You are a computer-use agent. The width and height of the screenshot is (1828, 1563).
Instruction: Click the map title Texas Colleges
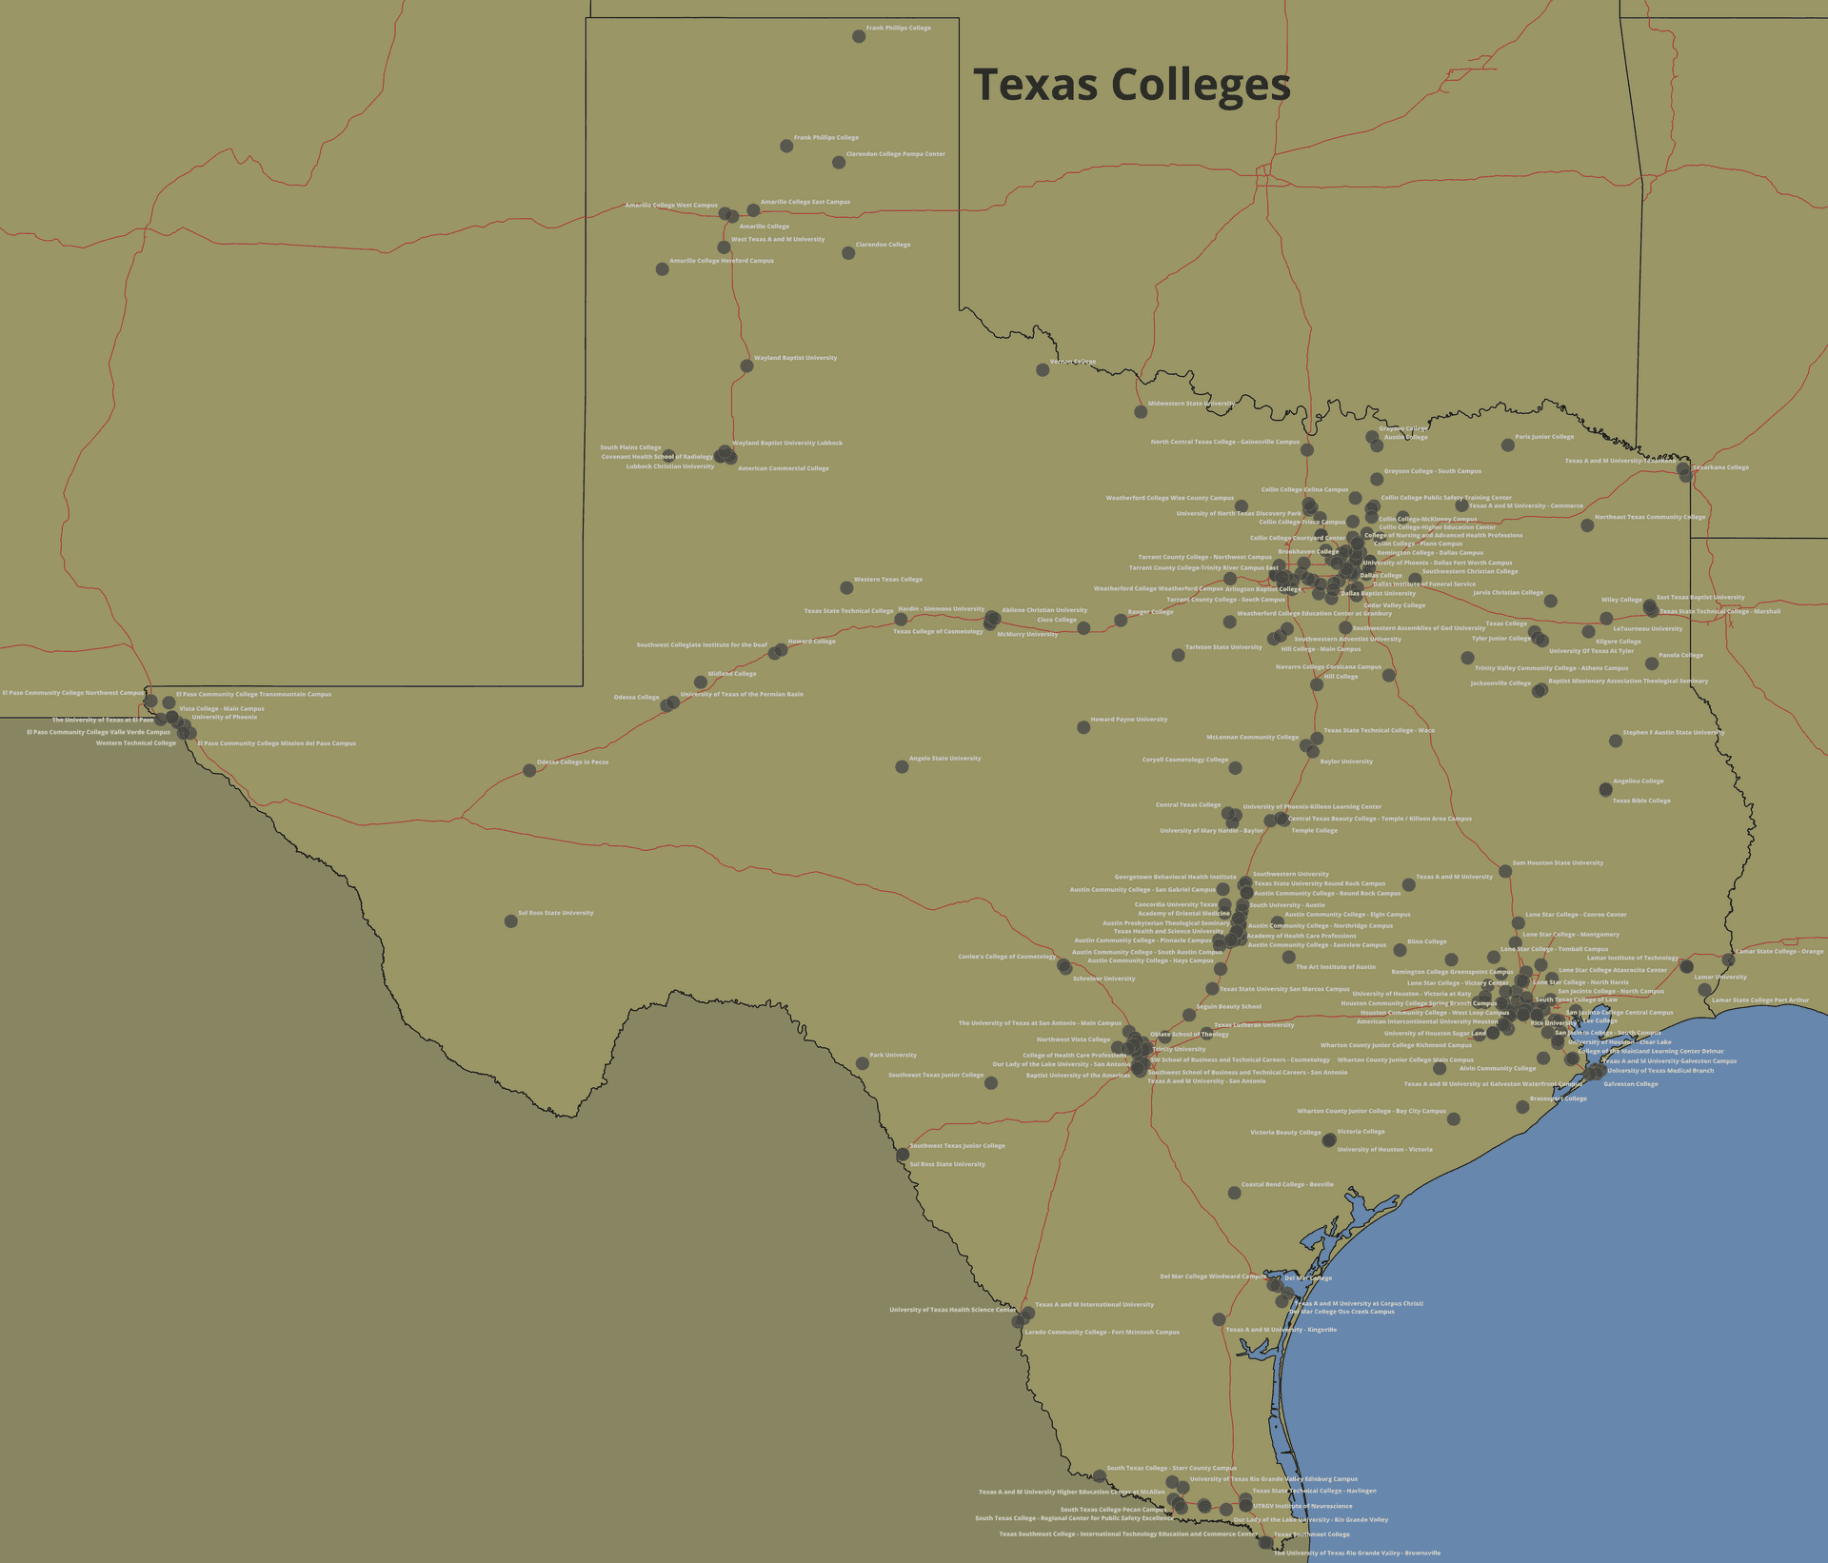1131,84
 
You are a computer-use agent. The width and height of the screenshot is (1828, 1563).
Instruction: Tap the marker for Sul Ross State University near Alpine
511,920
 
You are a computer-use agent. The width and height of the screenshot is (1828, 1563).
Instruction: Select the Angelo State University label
944,759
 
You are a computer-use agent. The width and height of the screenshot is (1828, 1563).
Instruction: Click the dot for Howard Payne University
1083,727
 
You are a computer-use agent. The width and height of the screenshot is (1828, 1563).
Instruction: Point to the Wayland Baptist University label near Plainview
795,358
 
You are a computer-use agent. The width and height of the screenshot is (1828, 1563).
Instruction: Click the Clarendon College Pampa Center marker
839,163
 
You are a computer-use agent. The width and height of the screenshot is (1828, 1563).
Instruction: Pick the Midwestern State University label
1191,404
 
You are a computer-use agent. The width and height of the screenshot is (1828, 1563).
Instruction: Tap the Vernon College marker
1043,369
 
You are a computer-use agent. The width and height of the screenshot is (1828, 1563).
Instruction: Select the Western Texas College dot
846,587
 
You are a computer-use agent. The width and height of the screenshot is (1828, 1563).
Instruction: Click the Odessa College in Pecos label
572,762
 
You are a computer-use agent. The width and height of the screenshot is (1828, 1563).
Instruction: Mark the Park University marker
863,1063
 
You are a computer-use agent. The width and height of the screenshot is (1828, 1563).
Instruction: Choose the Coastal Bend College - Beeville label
1287,1184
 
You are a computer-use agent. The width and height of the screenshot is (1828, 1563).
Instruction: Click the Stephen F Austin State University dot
1616,741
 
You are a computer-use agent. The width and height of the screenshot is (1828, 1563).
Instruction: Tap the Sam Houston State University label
1558,862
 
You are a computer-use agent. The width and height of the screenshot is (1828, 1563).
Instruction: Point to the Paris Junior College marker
1508,445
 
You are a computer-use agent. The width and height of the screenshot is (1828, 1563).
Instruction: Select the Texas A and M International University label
1094,1305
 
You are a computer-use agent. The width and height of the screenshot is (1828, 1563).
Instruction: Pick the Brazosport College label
1558,1098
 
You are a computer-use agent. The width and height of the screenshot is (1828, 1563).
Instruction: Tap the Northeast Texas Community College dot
1587,525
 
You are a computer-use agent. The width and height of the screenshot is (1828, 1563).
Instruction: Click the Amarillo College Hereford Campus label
721,261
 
